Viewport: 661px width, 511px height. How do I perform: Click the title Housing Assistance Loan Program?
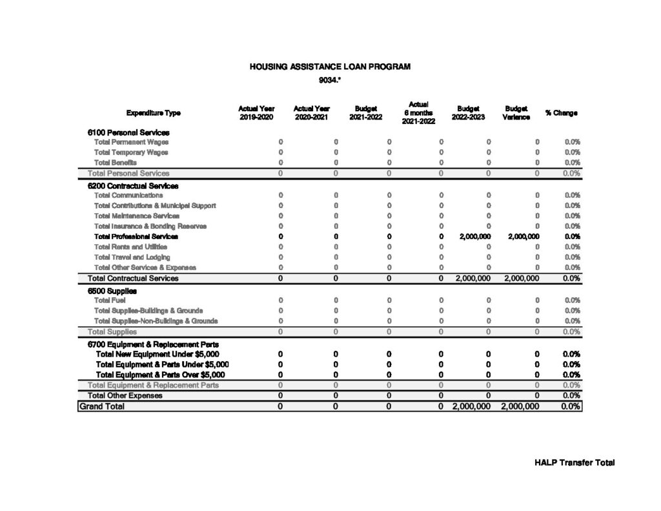(x=330, y=67)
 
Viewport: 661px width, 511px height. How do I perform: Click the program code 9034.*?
(x=330, y=81)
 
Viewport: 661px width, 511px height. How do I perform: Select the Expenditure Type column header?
(x=154, y=113)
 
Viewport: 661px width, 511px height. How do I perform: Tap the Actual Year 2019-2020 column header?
(x=256, y=113)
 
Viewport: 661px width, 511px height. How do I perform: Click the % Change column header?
(x=561, y=113)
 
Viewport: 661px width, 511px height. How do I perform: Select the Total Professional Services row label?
(x=136, y=236)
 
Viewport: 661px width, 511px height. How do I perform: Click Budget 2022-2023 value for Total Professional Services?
(x=475, y=236)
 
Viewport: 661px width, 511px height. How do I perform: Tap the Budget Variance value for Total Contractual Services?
(x=520, y=278)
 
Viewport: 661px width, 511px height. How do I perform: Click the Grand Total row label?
(x=102, y=406)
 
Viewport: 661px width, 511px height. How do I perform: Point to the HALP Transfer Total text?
(x=575, y=463)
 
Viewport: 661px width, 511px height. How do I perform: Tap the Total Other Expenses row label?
(x=125, y=395)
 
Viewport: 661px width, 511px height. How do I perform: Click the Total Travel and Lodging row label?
(x=132, y=257)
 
